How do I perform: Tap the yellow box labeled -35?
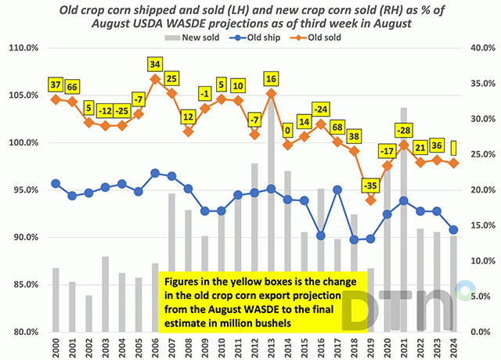tap(370, 185)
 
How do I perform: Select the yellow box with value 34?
tap(155, 63)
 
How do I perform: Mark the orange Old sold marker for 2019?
tap(370, 199)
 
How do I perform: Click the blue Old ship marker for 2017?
tap(337, 189)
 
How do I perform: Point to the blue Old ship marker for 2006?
tap(155, 173)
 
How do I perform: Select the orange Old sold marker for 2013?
tap(271, 93)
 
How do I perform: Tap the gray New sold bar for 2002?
tap(88, 313)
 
